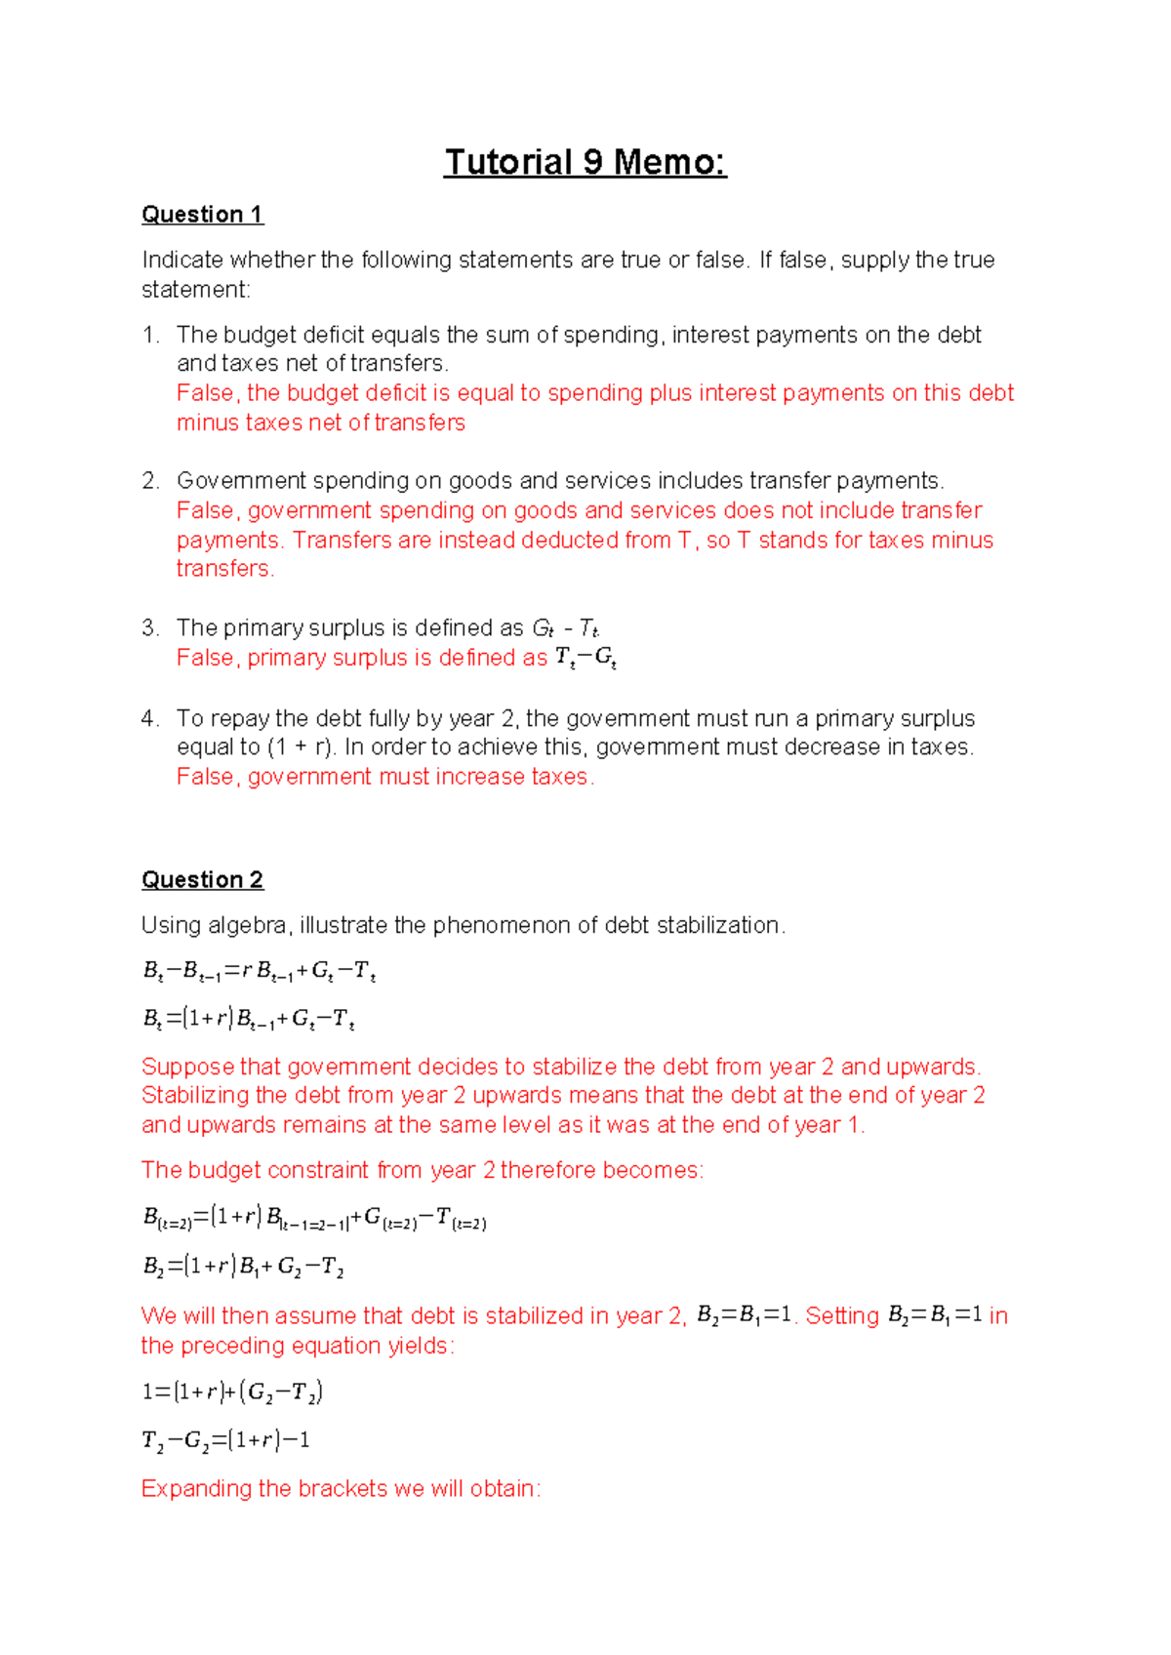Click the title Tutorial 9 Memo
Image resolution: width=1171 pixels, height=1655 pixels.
coord(585,162)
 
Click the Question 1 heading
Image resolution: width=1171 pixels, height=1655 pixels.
coord(202,215)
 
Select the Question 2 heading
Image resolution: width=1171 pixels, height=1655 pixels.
coord(202,880)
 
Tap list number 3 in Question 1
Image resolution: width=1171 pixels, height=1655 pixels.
coord(149,628)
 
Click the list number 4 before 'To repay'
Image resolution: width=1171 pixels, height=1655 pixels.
coord(149,719)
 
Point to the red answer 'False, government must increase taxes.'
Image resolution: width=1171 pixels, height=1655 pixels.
coord(384,777)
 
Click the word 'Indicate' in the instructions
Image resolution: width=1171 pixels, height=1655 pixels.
coord(182,261)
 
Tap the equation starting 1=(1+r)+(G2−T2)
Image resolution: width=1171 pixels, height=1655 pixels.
coord(232,1392)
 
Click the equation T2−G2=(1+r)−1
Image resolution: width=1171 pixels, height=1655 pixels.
coord(225,1440)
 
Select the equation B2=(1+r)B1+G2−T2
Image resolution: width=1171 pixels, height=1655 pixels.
coord(243,1267)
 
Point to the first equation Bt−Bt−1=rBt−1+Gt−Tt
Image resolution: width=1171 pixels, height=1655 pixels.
coord(259,971)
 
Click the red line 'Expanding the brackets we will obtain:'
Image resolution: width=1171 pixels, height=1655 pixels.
coord(341,1489)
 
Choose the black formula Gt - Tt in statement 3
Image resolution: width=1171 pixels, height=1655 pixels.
coord(565,628)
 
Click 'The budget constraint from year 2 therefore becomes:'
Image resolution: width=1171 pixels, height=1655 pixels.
coord(422,1170)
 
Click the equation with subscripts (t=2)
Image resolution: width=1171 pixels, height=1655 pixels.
coord(313,1218)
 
